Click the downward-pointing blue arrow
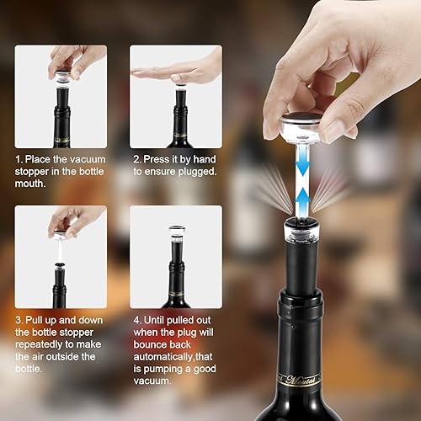pyautogui.click(x=302, y=166)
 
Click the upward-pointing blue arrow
pyautogui.click(x=302, y=200)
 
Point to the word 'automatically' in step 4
pyautogui.click(x=163, y=357)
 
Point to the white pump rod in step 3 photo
pyautogui.click(x=60, y=250)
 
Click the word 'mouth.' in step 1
pyautogui.click(x=30, y=184)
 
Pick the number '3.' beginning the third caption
pyautogui.click(x=19, y=320)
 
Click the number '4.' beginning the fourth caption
pyautogui.click(x=137, y=320)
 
